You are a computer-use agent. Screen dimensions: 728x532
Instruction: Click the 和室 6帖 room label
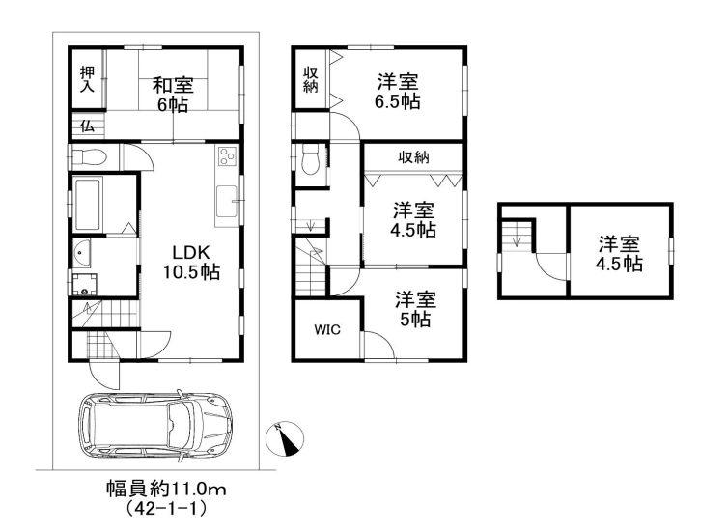tap(173, 95)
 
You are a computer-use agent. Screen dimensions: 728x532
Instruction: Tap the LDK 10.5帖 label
tap(191, 262)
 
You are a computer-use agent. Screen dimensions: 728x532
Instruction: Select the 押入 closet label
tap(87, 79)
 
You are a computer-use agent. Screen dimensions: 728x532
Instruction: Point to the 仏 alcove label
tap(87, 126)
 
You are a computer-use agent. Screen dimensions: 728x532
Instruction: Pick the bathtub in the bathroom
tap(88, 205)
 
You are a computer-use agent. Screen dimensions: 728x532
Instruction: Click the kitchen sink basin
tap(227, 201)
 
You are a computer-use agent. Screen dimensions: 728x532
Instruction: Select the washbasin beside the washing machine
tap(81, 253)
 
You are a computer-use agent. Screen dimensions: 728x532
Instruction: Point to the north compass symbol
tap(285, 438)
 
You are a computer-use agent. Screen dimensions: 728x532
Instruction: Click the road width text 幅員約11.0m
tap(166, 489)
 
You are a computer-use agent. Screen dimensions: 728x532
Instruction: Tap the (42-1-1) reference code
tap(166, 509)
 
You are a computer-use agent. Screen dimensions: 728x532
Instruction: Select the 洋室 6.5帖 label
tap(398, 92)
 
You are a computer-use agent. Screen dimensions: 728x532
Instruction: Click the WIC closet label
tap(327, 329)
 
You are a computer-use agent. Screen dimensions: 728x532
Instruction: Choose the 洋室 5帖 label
tap(415, 309)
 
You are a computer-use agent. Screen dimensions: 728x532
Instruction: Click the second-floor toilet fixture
tap(311, 160)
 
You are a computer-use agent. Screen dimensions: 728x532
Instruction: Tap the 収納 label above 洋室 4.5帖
tap(413, 157)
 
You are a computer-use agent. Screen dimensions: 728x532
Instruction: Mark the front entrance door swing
tap(104, 375)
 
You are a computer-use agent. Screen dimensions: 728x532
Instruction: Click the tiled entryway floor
tap(98, 346)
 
